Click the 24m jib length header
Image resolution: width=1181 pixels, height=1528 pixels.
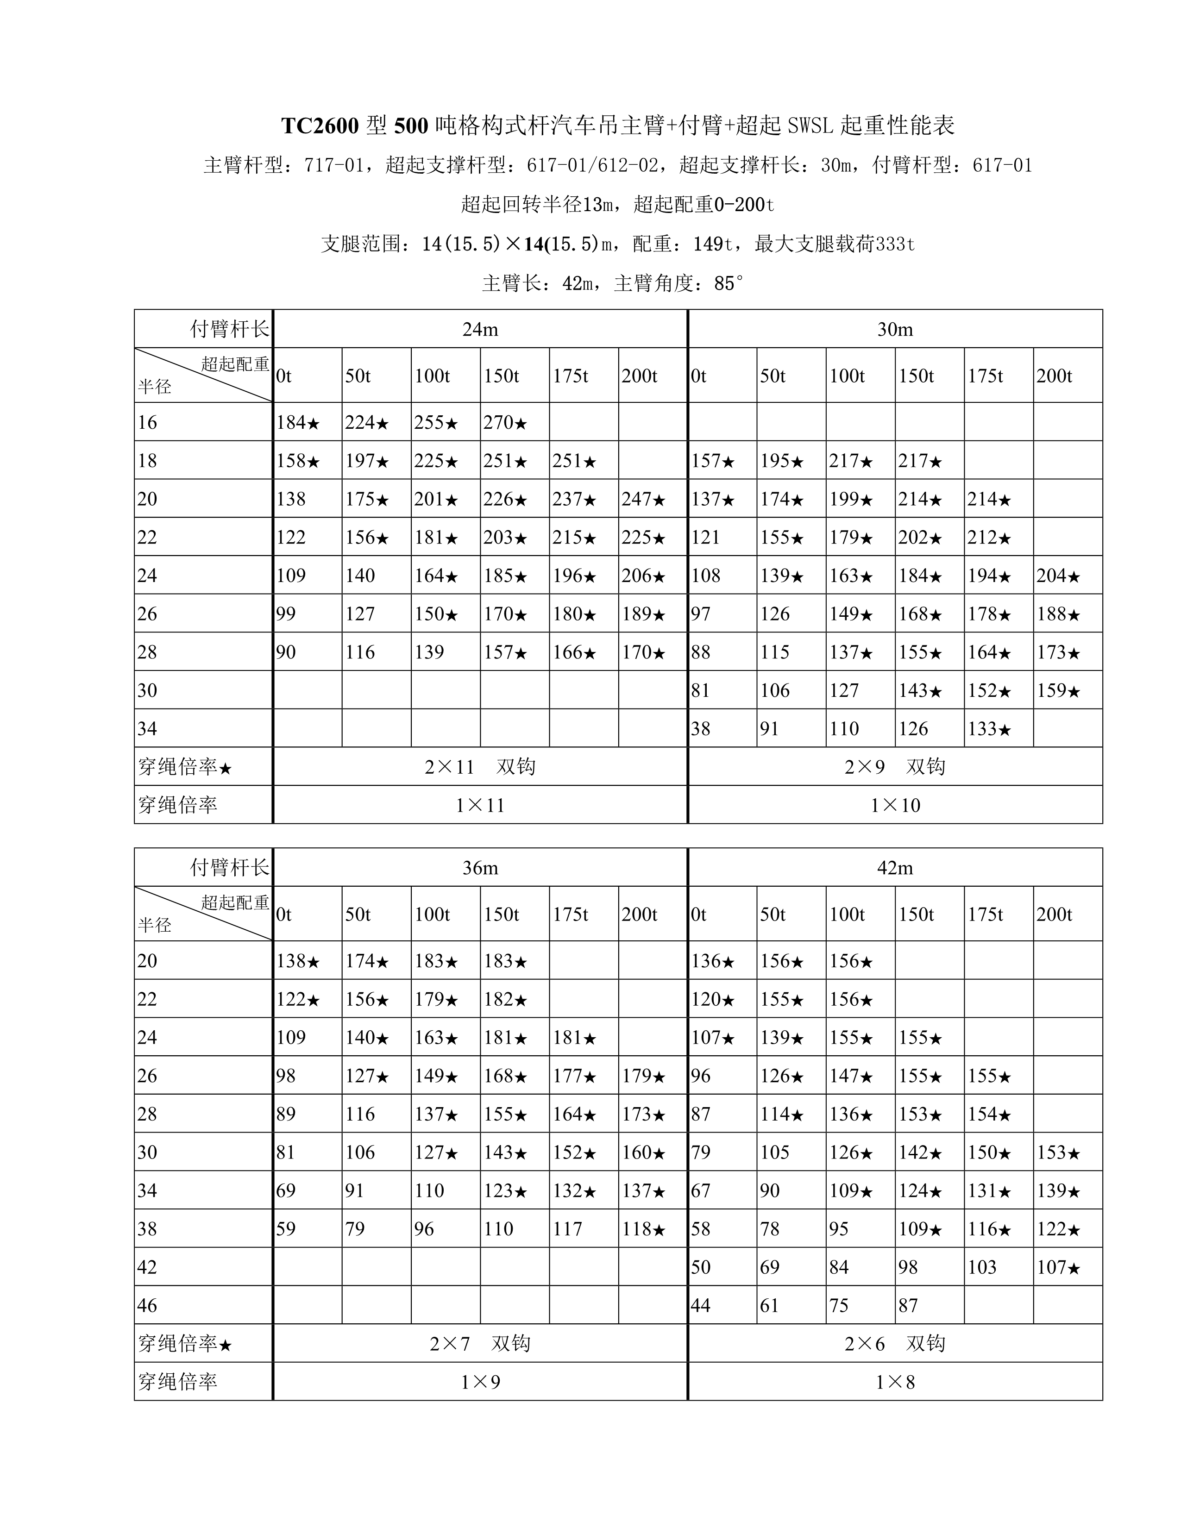(x=480, y=330)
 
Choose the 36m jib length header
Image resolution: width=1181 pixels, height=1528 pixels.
(x=480, y=868)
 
